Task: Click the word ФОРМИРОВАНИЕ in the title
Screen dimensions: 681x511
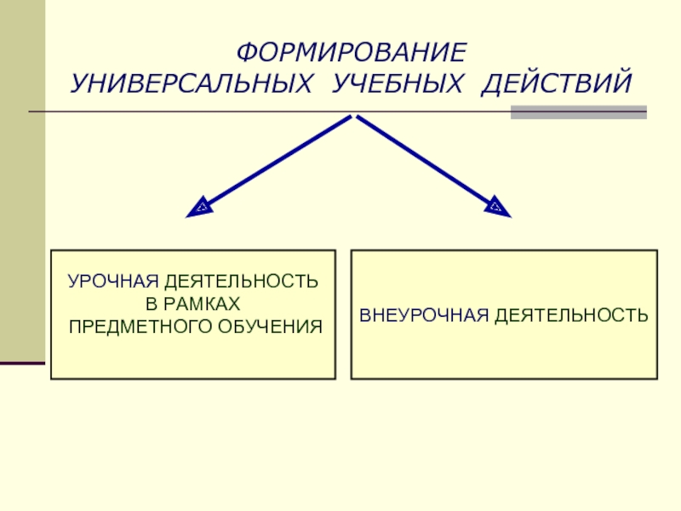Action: point(351,53)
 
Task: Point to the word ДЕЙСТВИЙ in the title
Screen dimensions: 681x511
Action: point(557,84)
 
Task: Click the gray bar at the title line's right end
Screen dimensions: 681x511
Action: point(578,112)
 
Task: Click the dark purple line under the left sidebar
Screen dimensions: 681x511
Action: point(22,364)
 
